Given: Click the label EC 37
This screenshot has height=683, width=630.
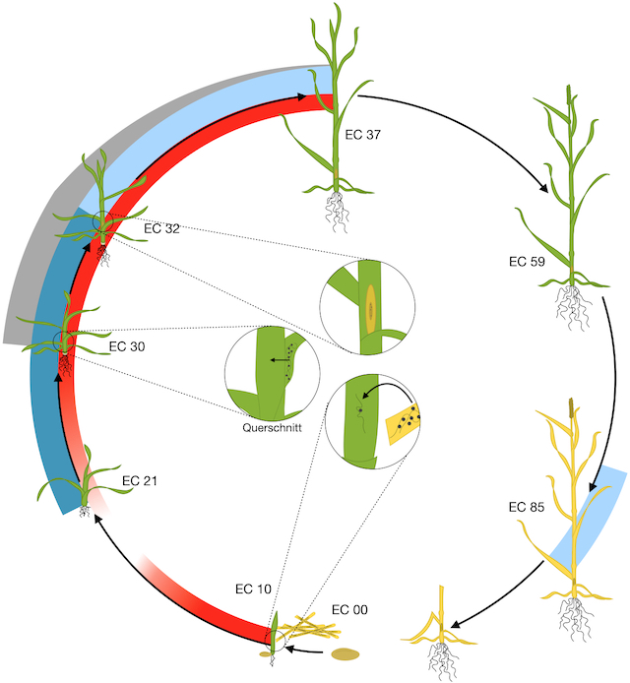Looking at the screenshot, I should [359, 135].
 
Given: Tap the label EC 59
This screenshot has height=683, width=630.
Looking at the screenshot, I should [527, 262].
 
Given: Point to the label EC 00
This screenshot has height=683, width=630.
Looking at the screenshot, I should [348, 610].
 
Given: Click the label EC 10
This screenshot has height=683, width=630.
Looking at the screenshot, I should [251, 589].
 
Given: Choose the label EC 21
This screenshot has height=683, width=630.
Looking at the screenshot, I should [140, 481].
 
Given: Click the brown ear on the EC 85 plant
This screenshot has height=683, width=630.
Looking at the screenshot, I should [570, 406].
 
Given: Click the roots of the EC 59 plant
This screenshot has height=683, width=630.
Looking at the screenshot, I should [572, 305].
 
